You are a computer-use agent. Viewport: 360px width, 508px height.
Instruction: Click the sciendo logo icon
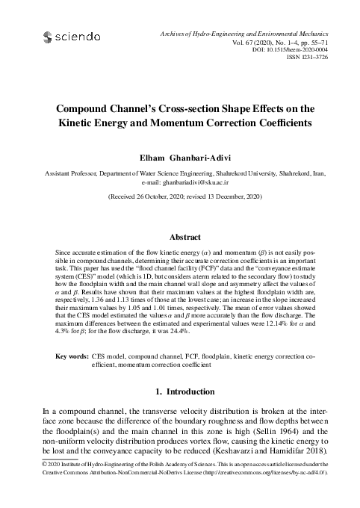point(49,35)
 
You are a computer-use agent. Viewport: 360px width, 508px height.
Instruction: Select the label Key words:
point(72,358)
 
